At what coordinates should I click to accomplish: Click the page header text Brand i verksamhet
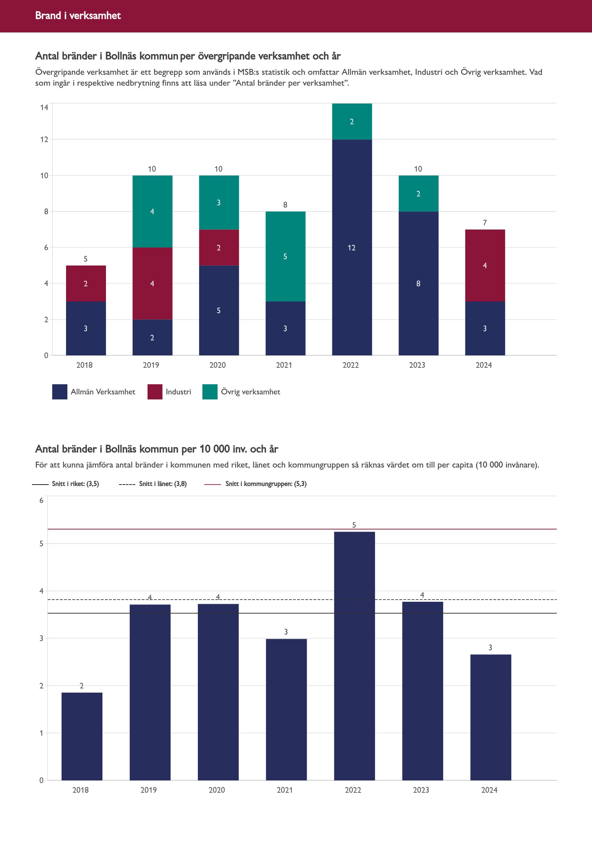coord(78,15)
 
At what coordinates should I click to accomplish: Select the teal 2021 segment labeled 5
coord(285,257)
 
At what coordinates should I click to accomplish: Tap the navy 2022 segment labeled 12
coord(352,247)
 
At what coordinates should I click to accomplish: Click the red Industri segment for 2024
coord(485,265)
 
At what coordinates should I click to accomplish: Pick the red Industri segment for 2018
coord(86,283)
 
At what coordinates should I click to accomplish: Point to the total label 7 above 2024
coord(485,223)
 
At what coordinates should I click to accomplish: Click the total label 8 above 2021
coord(285,205)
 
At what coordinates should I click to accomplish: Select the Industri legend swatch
coord(155,392)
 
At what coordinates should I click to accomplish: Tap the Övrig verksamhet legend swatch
coord(210,392)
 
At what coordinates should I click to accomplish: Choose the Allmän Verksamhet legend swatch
coord(60,392)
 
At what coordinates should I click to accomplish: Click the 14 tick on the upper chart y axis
coord(44,108)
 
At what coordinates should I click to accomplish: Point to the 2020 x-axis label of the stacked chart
coord(217,365)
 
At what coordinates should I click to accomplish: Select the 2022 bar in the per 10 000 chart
coord(354,656)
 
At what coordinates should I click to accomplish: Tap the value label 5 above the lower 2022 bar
coord(354,525)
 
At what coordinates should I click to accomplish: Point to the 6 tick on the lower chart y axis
coord(41,500)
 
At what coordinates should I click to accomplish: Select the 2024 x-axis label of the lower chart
coord(489,790)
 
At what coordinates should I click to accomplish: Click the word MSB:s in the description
coord(248,72)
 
